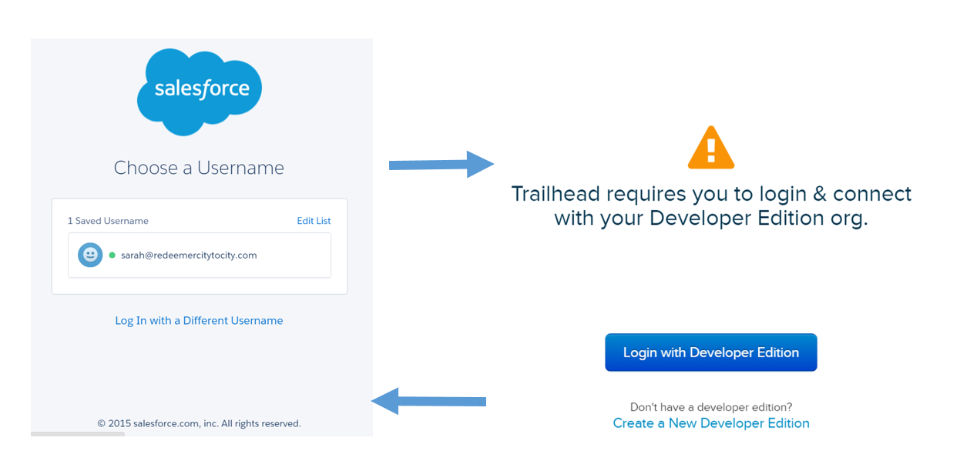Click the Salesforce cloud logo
pos(200,91)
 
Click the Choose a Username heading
pos(199,168)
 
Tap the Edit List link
pos(314,221)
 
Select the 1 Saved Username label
pos(108,221)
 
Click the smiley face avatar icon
pos(90,255)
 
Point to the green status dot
pos(112,255)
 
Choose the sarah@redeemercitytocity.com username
pos(189,255)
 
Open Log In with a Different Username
pos(199,320)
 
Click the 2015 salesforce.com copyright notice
pos(199,423)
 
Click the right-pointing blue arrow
pos(441,164)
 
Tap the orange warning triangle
pos(711,148)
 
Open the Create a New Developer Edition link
pos(711,423)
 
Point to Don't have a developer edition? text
pos(711,407)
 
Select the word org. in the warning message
pos(849,218)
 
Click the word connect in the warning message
pos(871,193)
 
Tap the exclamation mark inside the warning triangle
pos(711,149)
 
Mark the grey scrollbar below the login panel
pos(77,434)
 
